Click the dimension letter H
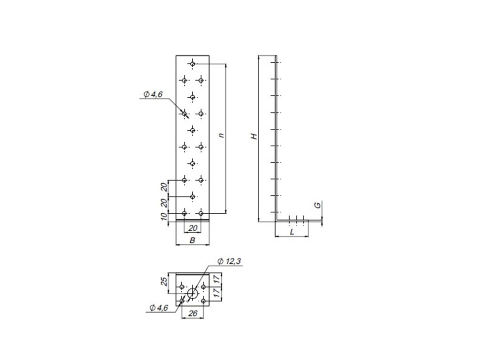255,136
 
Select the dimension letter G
318,205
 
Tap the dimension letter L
292,232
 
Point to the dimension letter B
192,241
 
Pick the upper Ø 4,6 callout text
153,95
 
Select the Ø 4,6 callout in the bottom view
159,308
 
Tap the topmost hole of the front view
192,64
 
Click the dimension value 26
192,314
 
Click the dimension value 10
164,217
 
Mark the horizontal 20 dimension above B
192,228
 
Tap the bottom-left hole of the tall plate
184,213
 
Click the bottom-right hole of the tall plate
201,213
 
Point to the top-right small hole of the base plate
203,287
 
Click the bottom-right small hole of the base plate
203,301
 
